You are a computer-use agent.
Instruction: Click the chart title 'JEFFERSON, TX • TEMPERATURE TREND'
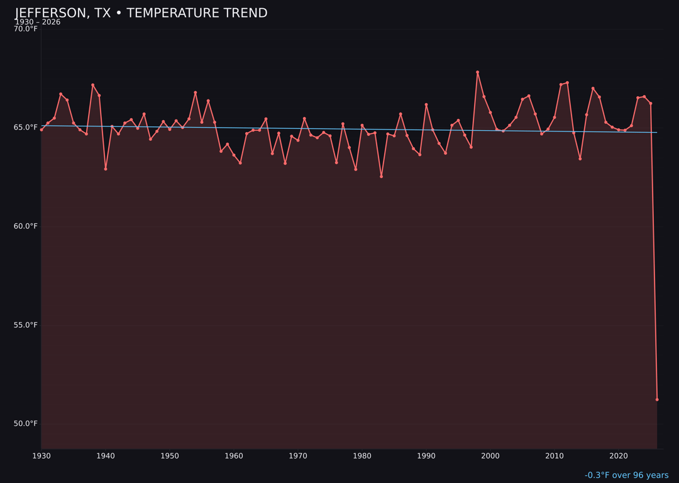click(141, 13)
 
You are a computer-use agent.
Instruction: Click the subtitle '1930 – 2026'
click(38, 22)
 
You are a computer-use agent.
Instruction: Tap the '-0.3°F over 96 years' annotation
click(626, 475)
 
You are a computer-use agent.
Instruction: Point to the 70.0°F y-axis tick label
click(26, 29)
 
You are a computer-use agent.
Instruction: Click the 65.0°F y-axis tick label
click(26, 128)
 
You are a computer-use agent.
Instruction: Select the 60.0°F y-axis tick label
click(26, 226)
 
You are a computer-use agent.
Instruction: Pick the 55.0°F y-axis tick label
click(26, 325)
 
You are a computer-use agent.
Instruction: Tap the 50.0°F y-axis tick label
click(26, 423)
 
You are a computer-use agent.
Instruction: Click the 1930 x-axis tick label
click(41, 456)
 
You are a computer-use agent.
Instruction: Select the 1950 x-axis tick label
click(170, 456)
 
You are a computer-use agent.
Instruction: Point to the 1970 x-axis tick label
click(298, 456)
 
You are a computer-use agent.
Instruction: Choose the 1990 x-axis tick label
click(426, 456)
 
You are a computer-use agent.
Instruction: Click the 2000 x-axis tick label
click(490, 456)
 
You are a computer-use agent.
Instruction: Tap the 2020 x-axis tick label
click(619, 456)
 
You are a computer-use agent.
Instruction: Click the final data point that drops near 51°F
click(657, 399)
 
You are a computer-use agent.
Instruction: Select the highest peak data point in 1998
click(477, 72)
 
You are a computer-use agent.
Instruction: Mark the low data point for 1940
click(106, 169)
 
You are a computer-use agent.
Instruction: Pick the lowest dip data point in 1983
click(381, 177)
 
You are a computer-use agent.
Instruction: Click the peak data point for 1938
click(92, 85)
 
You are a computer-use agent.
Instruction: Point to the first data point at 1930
click(41, 130)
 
